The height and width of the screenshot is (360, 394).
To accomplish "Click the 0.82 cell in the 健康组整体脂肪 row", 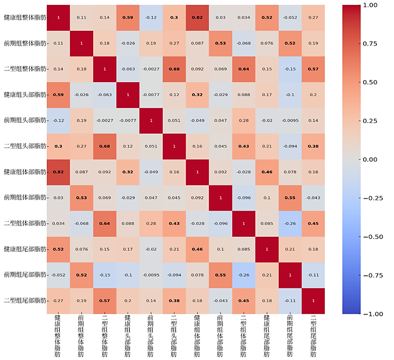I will tap(197, 18).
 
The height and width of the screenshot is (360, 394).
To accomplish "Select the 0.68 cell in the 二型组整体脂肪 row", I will tap(174, 69).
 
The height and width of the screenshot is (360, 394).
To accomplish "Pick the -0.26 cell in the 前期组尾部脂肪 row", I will tap(244, 275).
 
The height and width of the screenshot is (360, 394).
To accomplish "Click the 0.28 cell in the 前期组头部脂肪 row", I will tap(244, 120).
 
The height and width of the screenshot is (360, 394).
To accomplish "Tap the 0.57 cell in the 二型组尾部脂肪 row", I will tap(104, 301).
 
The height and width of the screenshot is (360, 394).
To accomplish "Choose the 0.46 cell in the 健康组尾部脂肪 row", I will tap(197, 249).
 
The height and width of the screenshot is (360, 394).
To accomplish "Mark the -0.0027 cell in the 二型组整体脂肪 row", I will tap(151, 69).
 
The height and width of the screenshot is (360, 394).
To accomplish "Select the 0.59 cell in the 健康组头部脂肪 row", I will tap(58, 95).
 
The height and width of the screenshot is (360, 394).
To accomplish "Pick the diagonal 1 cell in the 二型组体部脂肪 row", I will tap(244, 223).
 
